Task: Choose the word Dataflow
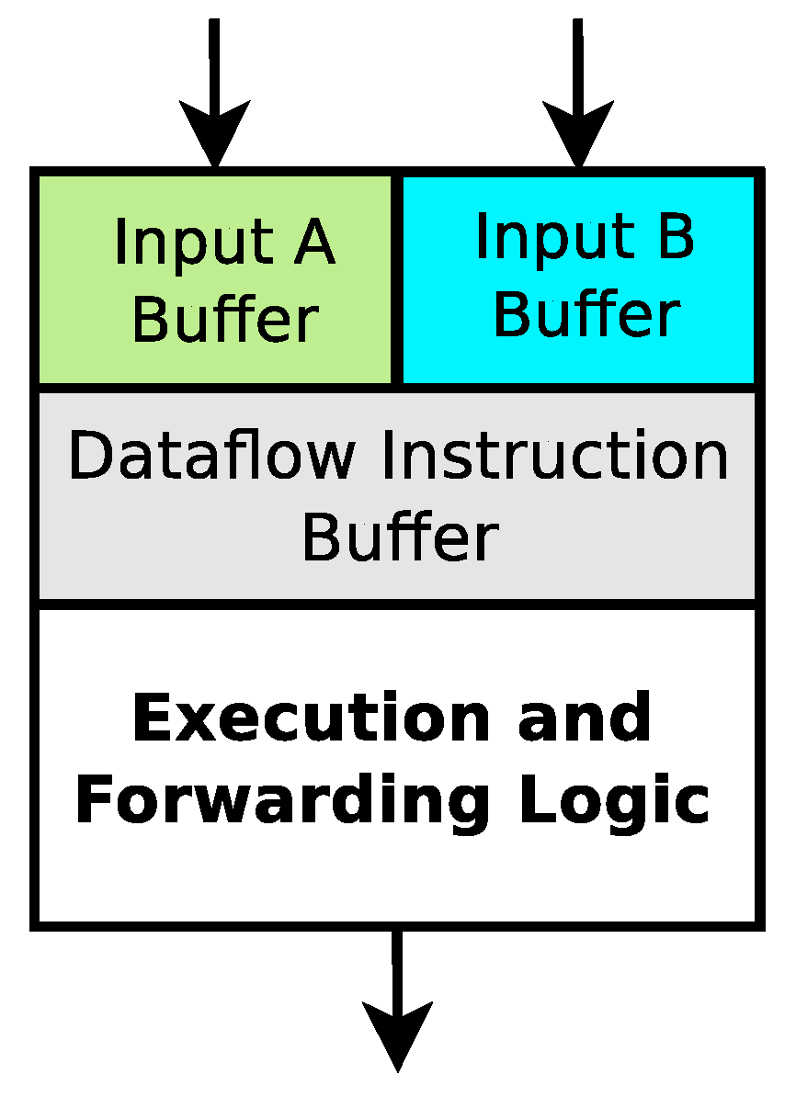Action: pyautogui.click(x=210, y=456)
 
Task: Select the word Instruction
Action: pyautogui.click(x=554, y=456)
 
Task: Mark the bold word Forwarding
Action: pyautogui.click(x=281, y=800)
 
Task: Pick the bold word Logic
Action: pyautogui.click(x=614, y=800)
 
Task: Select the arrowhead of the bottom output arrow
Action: pyautogui.click(x=397, y=1034)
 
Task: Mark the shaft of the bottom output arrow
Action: pyautogui.click(x=397, y=965)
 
